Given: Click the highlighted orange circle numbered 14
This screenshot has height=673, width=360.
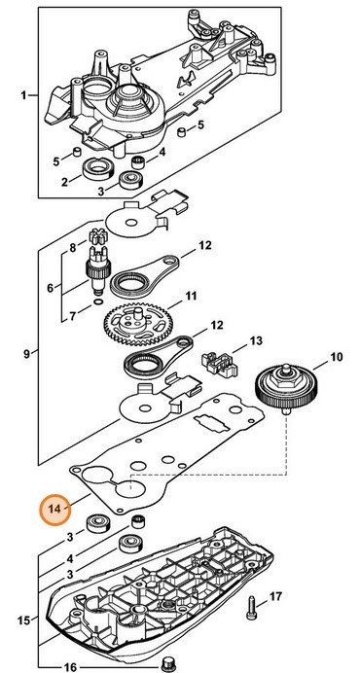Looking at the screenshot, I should click(54, 509).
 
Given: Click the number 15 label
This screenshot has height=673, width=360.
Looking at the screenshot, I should click(22, 618).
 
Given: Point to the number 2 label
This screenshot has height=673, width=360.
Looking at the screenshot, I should click(63, 182).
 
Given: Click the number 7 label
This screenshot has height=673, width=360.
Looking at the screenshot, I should click(68, 317).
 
